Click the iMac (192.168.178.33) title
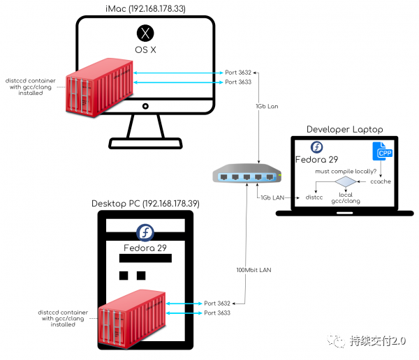[x=145, y=8]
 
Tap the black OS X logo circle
[x=145, y=33]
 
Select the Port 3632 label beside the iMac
[x=238, y=73]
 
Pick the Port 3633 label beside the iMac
[x=238, y=82]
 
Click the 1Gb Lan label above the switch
[x=267, y=106]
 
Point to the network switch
[x=247, y=173]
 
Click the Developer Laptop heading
[x=345, y=130]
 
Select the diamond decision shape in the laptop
[x=346, y=181]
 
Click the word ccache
[x=381, y=181]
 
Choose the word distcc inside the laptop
[x=314, y=197]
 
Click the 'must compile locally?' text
[x=346, y=172]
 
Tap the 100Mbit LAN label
[x=254, y=270]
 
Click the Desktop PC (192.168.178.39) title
[x=145, y=204]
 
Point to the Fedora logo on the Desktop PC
[x=145, y=232]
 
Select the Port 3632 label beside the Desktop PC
[x=217, y=303]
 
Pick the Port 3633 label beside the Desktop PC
[x=217, y=313]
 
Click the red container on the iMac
[x=99, y=88]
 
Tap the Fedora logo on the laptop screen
[x=316, y=147]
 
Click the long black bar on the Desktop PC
[x=145, y=258]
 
